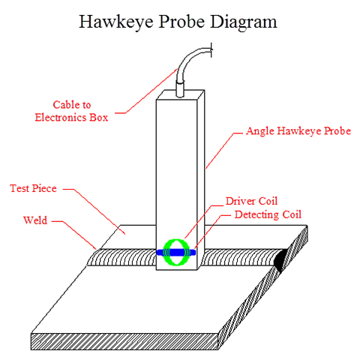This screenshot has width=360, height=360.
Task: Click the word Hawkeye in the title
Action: pyautogui.click(x=116, y=22)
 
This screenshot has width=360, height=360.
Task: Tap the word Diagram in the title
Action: pyautogui.click(x=244, y=22)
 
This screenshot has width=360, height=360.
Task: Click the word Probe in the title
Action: pyautogui.click(x=181, y=22)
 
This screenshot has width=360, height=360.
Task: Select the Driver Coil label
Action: pyautogui.click(x=251, y=201)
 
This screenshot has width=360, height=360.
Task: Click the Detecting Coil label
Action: pyautogui.click(x=268, y=214)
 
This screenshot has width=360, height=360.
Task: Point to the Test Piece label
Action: pyautogui.click(x=33, y=188)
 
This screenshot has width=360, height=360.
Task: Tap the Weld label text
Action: pyautogui.click(x=35, y=220)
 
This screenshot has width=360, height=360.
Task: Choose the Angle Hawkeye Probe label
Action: pyautogui.click(x=298, y=131)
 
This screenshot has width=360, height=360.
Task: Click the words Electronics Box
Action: pyautogui.click(x=71, y=117)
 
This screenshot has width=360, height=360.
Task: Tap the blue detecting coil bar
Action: pyautogui.click(x=176, y=253)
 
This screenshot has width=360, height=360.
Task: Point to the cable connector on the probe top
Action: pyautogui.click(x=181, y=89)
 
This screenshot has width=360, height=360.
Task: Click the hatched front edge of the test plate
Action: pyautogui.click(x=124, y=341)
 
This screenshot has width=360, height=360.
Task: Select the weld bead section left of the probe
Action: pyautogui.click(x=122, y=257)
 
